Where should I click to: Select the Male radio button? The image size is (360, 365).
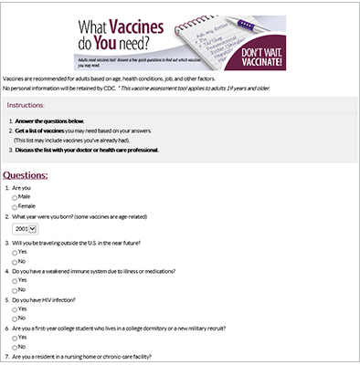(x=15, y=197)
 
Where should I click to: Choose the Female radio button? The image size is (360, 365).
(x=15, y=207)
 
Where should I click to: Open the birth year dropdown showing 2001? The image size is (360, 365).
(x=25, y=229)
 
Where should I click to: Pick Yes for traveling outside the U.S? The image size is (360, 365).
(x=15, y=252)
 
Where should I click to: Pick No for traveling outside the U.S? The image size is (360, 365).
(x=15, y=262)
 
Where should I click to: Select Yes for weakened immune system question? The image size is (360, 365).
(x=15, y=281)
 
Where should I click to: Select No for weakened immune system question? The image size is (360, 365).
(x=15, y=290)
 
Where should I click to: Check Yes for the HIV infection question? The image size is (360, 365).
(x=15, y=308)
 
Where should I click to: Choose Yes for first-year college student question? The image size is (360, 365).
(x=15, y=337)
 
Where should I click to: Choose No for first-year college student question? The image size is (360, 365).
(x=15, y=347)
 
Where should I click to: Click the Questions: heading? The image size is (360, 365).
(x=33, y=174)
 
